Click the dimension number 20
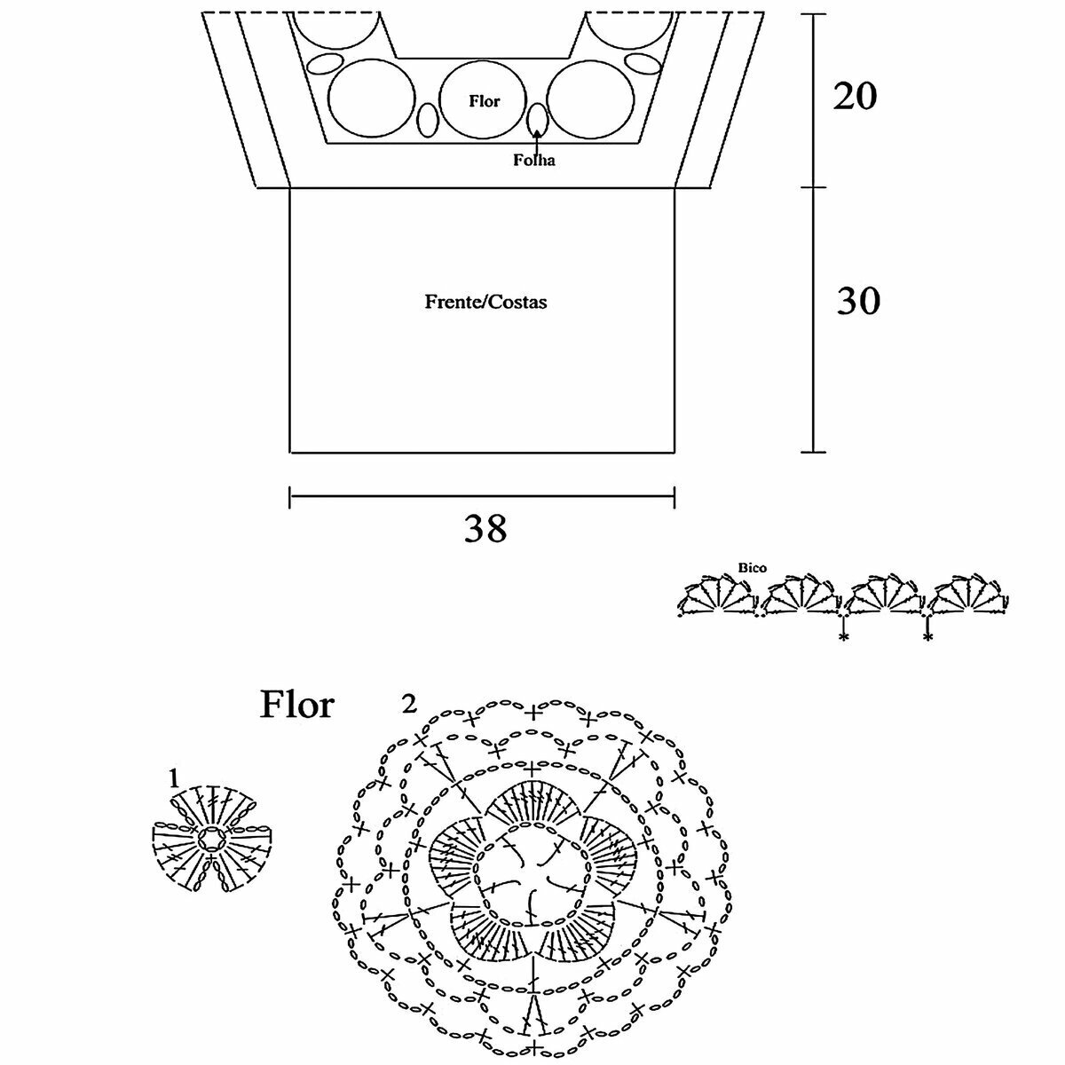[x=855, y=95]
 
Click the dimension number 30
[x=858, y=302]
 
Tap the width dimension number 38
[x=485, y=529]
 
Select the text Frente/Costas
[x=485, y=302]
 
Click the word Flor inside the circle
[x=484, y=101]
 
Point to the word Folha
[x=532, y=161]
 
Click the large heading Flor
[x=296, y=705]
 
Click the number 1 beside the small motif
[x=174, y=778]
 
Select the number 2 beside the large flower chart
[x=409, y=705]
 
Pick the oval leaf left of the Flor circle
[x=428, y=119]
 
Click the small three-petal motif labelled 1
[x=212, y=839]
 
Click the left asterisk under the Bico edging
[x=841, y=637]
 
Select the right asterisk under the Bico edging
[x=927, y=637]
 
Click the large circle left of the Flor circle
[x=370, y=99]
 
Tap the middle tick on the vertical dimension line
[x=814, y=186]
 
